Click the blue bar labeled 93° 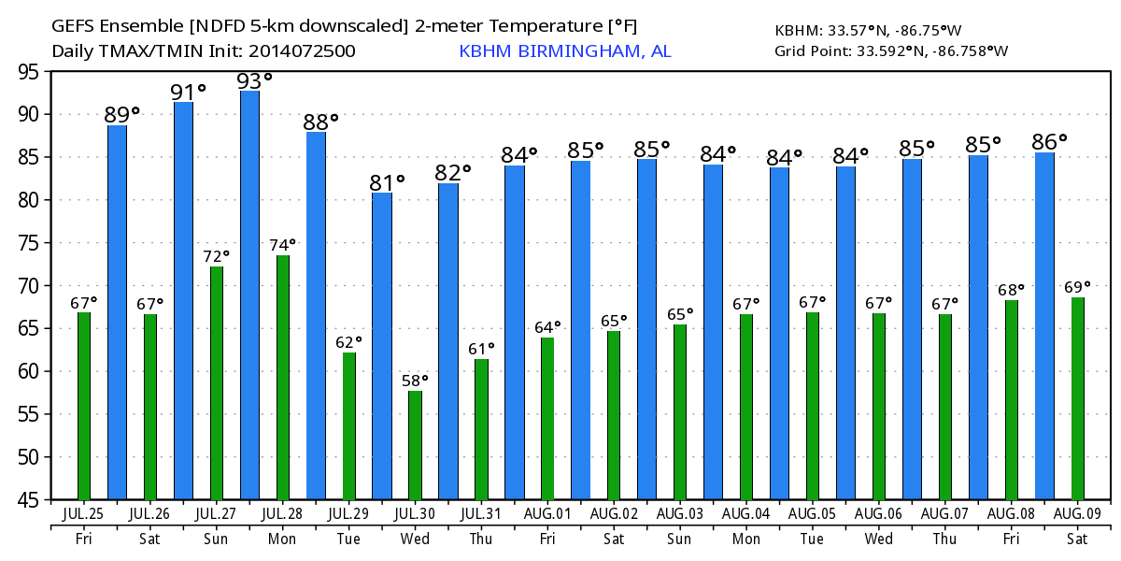(249, 295)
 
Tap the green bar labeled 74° (282, 378)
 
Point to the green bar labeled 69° (1078, 398)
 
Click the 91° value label (188, 92)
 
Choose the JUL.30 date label (414, 514)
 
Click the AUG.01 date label (546, 514)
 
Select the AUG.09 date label (1077, 514)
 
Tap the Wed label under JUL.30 (414, 539)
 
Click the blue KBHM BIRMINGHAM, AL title (564, 50)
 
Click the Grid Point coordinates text (891, 50)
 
